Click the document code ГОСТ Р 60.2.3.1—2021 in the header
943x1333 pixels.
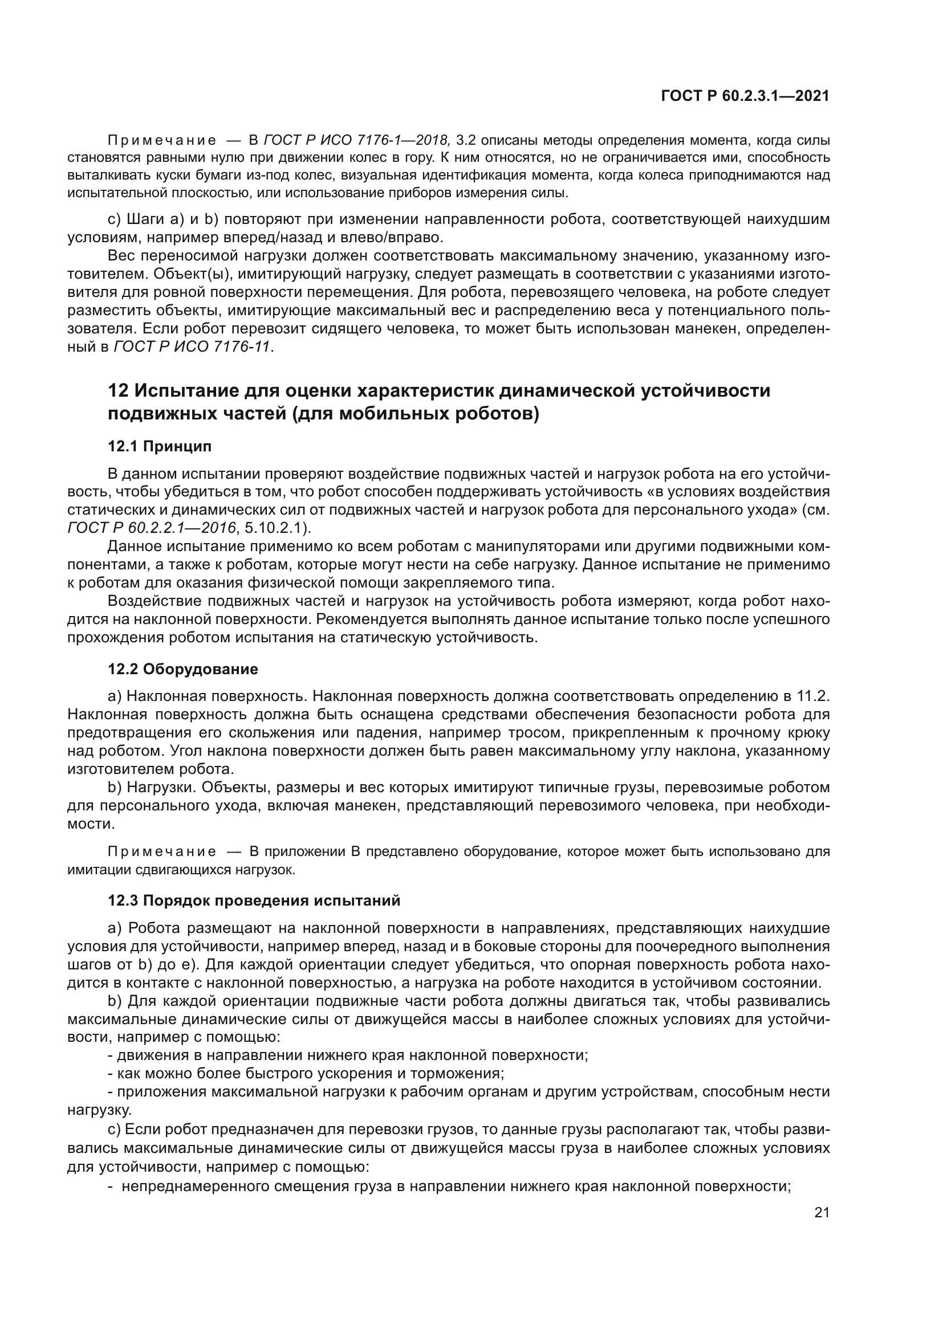pos(745,96)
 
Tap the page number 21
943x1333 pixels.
pos(822,1212)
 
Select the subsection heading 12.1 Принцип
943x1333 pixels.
pos(160,446)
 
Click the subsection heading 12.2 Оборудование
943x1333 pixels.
pos(183,670)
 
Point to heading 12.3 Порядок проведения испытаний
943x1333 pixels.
pos(254,900)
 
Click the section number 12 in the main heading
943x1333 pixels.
pos(118,391)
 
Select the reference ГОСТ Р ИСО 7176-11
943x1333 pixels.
pos(192,347)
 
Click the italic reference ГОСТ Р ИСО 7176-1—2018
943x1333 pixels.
pos(356,140)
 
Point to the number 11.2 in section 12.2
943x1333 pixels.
pos(813,695)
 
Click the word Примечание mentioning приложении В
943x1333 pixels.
pos(162,851)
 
